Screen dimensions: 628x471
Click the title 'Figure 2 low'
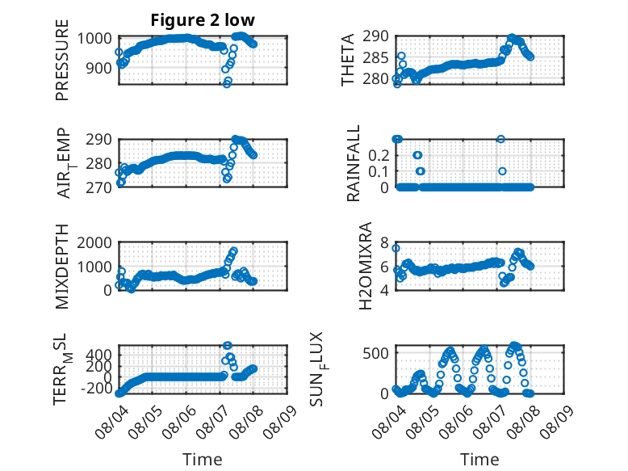tap(203, 20)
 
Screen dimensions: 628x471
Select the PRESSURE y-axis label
tap(62, 60)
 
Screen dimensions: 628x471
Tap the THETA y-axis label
tap(348, 60)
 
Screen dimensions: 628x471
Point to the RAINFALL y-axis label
tap(354, 163)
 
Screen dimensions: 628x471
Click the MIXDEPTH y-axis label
tap(62, 267)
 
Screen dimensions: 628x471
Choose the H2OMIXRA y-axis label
tap(366, 266)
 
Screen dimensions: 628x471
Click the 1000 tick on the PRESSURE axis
tap(94, 39)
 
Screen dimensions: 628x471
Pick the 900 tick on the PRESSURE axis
tap(98, 68)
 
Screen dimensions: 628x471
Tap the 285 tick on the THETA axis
tap(375, 57)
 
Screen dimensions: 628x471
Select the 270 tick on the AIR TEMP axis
tap(98, 187)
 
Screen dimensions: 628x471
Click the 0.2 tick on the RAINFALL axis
tap(379, 155)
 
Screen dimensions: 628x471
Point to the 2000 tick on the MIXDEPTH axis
tap(94, 242)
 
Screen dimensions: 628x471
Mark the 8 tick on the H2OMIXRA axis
tap(384, 242)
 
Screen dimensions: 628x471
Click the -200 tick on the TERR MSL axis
tap(97, 388)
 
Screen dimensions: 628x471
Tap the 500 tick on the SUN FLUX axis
tap(375, 353)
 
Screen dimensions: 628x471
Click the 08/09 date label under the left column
tap(280, 421)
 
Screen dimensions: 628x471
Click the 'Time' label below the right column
tap(479, 460)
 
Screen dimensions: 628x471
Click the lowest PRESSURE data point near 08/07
tap(227, 83)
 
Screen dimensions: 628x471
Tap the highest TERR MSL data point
tap(227, 346)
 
